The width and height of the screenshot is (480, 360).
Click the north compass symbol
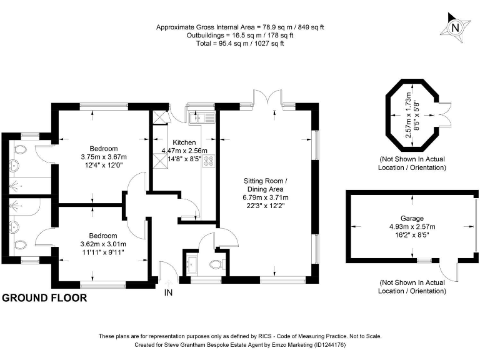(455, 26)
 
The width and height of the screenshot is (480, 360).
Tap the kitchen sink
(204, 117)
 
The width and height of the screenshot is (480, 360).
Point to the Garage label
(412, 201)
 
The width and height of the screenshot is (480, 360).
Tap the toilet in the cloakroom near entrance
(216, 264)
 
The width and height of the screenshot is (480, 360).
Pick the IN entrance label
(168, 292)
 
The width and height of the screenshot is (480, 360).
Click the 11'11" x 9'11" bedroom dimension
(102, 252)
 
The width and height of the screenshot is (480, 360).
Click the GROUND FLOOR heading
(44, 298)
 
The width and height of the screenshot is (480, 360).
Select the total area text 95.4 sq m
(240, 43)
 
